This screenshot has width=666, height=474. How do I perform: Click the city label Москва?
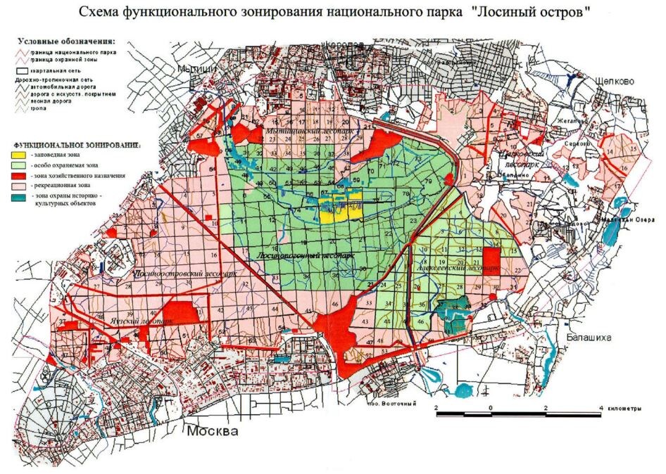[213, 430]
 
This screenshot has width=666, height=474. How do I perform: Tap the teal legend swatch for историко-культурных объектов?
[19, 197]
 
